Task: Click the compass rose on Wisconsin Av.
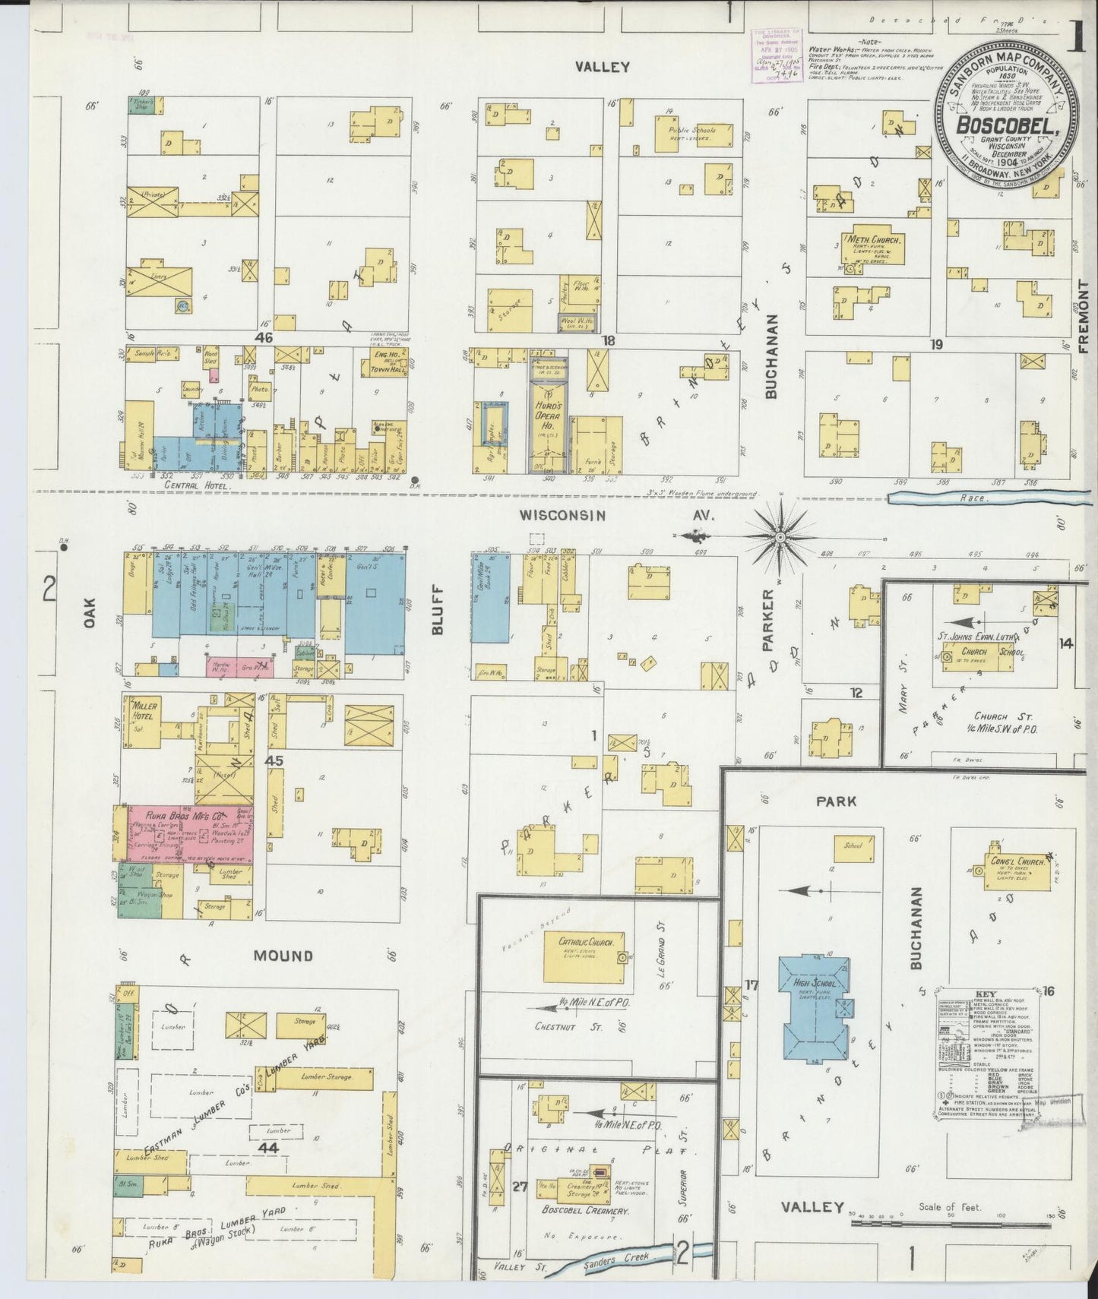coord(780,536)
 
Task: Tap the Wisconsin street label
coord(562,516)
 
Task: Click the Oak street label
coord(90,613)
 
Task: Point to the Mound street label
coord(284,956)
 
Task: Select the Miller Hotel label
coord(144,711)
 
